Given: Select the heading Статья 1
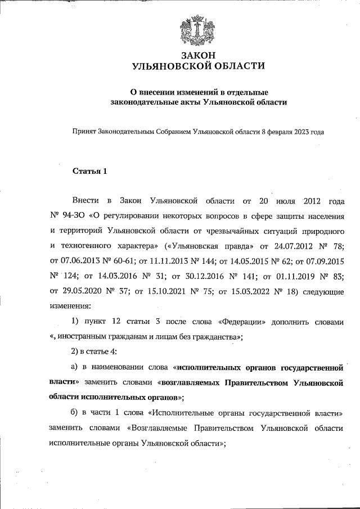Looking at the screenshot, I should coord(89,171).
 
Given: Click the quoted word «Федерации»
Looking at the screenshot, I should coord(240,322).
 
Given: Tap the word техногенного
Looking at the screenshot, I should coord(94,246).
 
